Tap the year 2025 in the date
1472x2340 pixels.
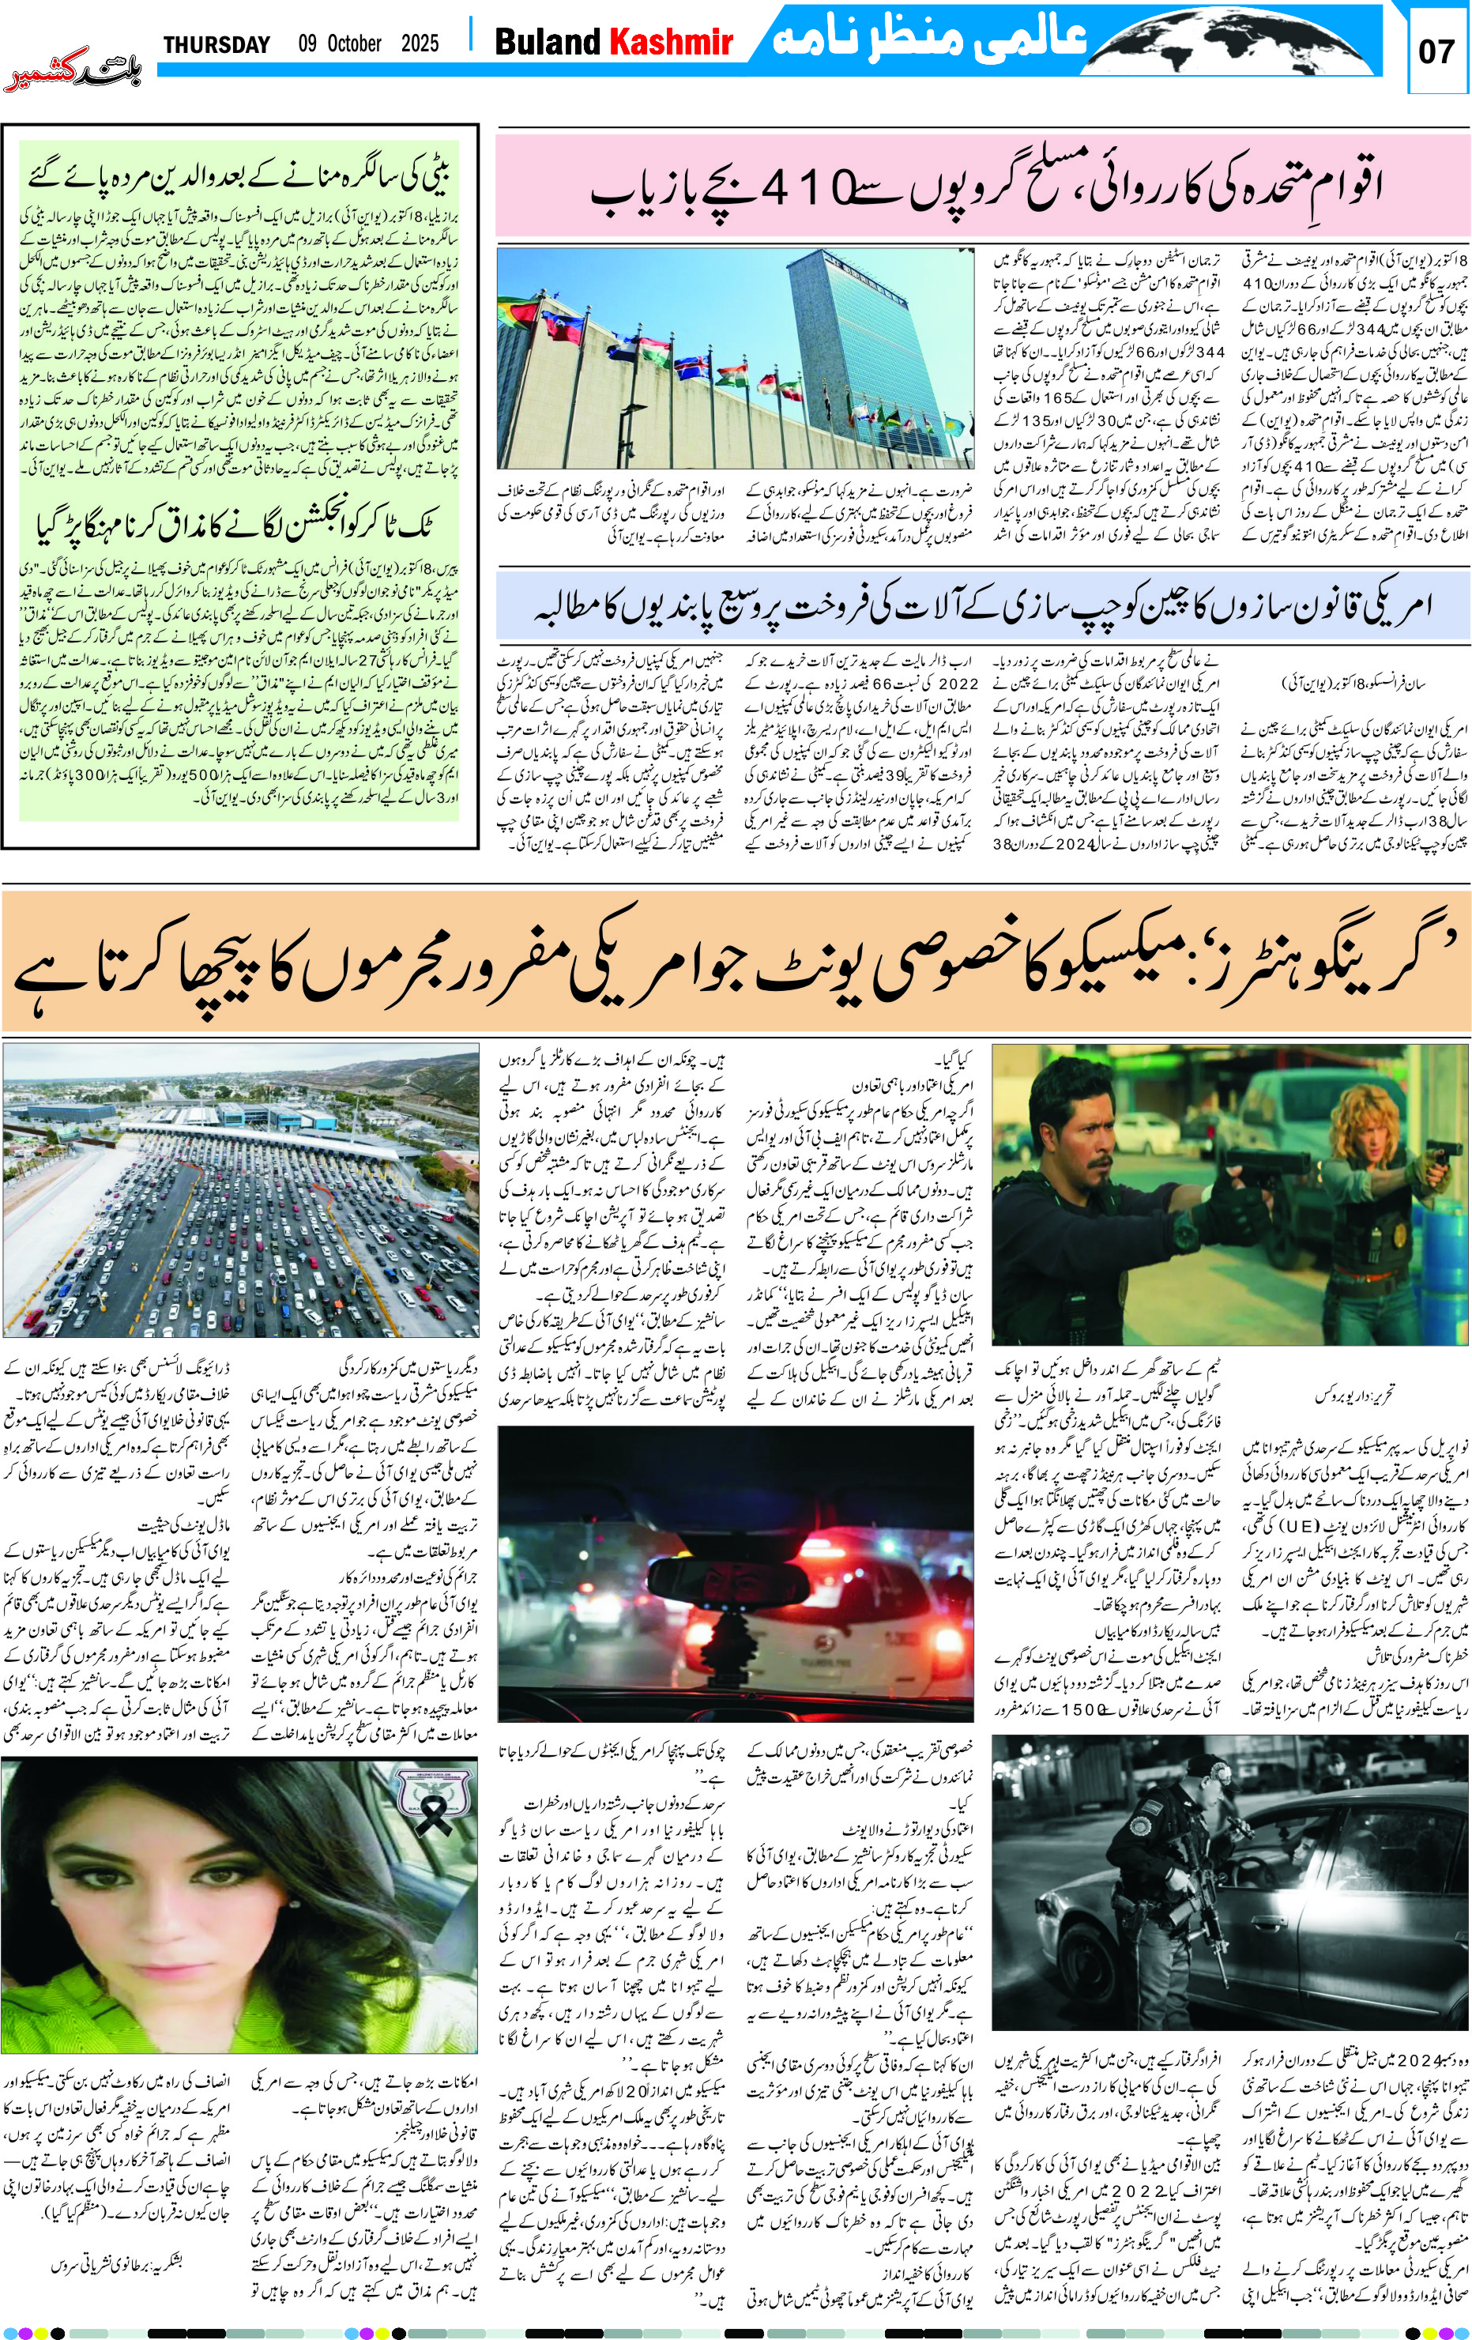pos(420,43)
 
